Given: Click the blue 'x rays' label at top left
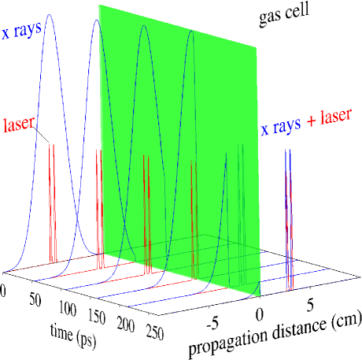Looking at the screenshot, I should point(24,34).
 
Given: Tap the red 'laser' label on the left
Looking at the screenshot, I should point(21,124).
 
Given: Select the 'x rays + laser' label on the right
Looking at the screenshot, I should point(311,126).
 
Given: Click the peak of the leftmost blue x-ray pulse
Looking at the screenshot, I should point(50,15).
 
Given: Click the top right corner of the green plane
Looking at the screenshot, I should point(256,47).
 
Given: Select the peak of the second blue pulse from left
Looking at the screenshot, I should point(96,21).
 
